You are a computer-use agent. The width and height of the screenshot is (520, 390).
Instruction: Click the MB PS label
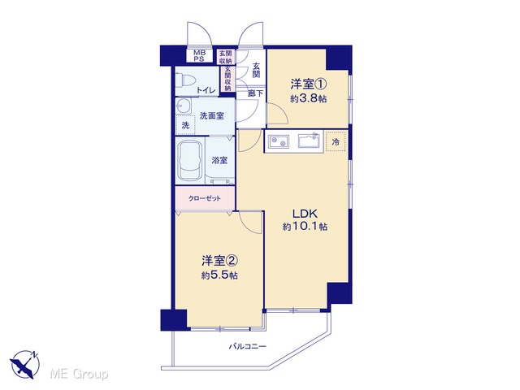200,56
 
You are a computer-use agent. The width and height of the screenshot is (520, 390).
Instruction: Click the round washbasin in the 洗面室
183,106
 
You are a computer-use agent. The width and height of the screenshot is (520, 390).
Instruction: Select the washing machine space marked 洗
185,125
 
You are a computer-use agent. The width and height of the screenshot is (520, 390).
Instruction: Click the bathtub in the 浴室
190,161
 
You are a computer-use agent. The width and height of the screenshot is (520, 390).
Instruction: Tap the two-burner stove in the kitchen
278,141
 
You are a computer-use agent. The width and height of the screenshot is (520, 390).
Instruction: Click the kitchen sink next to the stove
310,140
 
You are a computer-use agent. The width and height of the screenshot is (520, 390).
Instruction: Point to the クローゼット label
205,198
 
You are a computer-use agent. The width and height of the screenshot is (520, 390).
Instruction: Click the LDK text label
305,213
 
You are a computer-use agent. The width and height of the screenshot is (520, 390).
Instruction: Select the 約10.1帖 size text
305,227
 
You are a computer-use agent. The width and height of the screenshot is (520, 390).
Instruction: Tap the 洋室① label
308,84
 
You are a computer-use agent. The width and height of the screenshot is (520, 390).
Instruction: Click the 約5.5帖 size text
219,275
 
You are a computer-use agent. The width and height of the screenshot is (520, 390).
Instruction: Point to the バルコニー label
248,347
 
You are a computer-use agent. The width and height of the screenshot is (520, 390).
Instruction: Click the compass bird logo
24,364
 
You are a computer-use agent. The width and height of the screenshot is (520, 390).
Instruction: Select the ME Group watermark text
79,374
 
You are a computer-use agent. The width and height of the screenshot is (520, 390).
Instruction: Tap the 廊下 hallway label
255,93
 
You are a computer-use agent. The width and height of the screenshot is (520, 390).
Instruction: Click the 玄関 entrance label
256,71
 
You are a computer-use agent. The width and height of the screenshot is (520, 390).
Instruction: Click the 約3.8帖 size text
309,98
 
